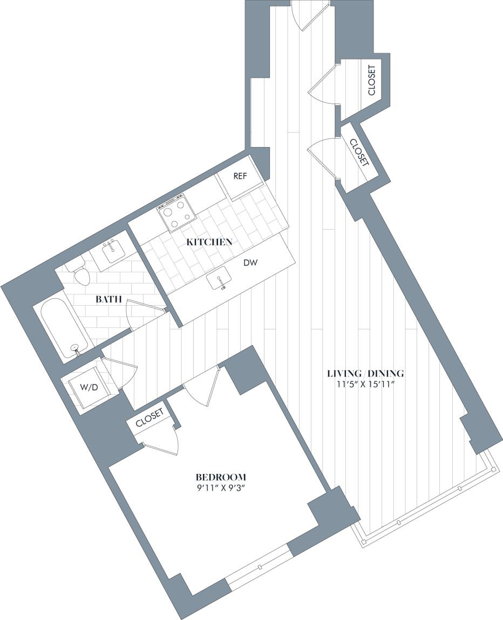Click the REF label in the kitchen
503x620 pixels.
click(240, 176)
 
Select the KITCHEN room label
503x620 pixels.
click(209, 242)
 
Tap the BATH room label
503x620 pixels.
click(108, 299)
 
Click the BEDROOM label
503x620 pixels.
click(221, 477)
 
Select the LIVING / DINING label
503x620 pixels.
click(366, 373)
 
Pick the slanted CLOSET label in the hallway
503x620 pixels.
click(359, 153)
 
